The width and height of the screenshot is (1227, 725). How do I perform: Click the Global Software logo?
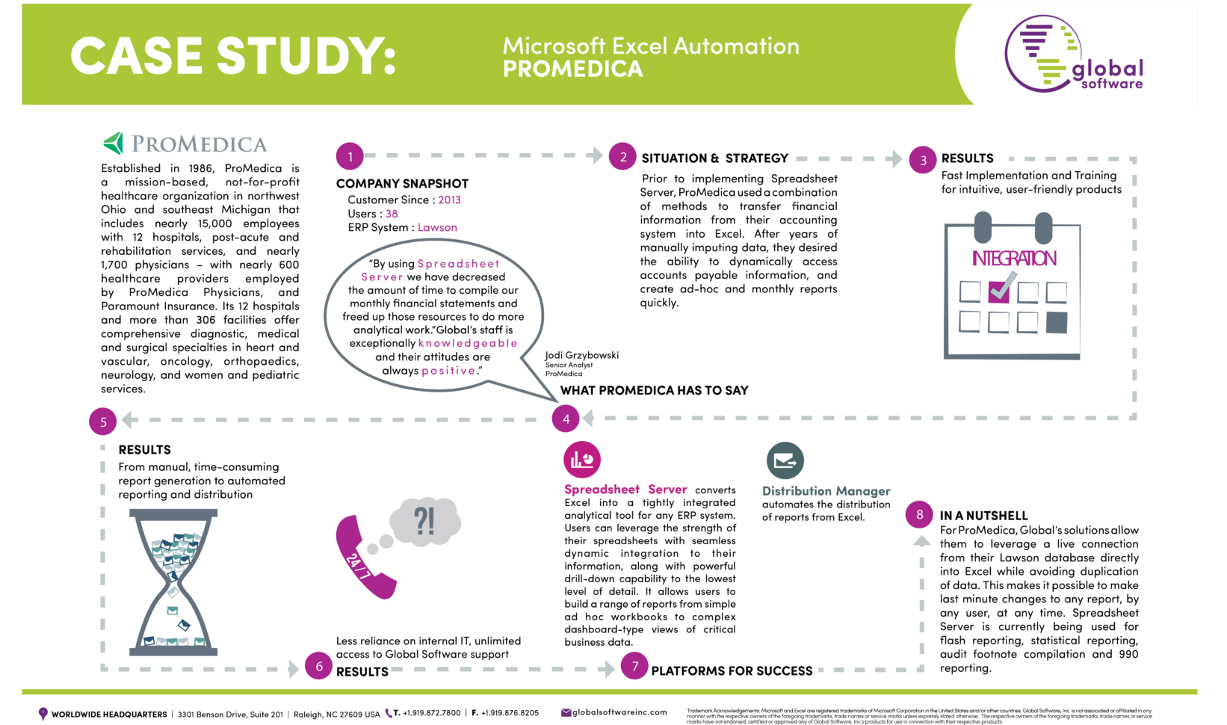(1074, 54)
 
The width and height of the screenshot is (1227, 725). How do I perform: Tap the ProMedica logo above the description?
(185, 144)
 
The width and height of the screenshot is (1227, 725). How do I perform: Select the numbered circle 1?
(350, 156)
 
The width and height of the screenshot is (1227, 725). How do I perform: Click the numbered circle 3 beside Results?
(923, 159)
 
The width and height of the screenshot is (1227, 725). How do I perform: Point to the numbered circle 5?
(103, 422)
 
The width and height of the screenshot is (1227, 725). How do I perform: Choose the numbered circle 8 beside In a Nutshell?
(919, 514)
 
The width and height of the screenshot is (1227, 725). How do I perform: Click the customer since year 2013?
(449, 200)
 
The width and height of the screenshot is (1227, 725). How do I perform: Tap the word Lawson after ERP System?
(437, 228)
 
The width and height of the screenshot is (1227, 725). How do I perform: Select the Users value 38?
(392, 214)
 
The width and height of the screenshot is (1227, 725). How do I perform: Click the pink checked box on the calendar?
(999, 291)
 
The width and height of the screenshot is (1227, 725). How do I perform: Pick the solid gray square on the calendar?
(1057, 322)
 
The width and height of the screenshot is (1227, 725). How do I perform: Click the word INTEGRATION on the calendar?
(1014, 259)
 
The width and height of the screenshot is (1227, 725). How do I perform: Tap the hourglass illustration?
(173, 582)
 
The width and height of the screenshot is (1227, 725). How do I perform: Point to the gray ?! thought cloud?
(424, 520)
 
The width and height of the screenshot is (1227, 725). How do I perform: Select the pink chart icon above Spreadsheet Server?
(582, 460)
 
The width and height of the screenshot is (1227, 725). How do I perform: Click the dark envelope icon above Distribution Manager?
(785, 460)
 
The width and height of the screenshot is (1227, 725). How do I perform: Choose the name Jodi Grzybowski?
(581, 355)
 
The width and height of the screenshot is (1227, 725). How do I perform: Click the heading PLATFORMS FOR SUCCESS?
(732, 671)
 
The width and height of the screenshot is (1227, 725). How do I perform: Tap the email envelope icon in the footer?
(566, 713)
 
